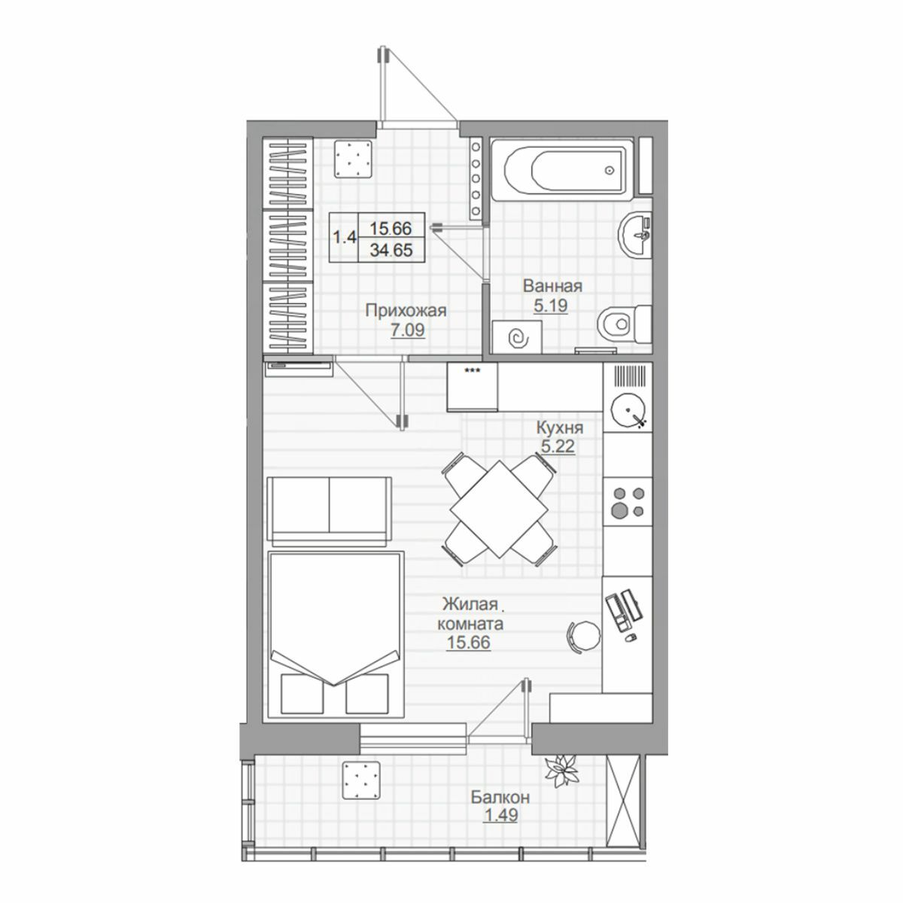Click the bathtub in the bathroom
click(x=562, y=169)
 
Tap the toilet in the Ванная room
click(x=625, y=324)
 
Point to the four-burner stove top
click(x=628, y=501)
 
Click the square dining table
click(x=499, y=509)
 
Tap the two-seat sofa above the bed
click(x=329, y=511)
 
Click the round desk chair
click(x=584, y=636)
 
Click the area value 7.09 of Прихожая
click(x=408, y=330)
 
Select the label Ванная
click(x=553, y=286)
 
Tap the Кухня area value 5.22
click(x=558, y=445)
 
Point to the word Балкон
click(x=500, y=797)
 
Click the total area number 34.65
click(x=391, y=251)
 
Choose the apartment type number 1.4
click(x=345, y=237)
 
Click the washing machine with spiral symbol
click(x=518, y=337)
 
